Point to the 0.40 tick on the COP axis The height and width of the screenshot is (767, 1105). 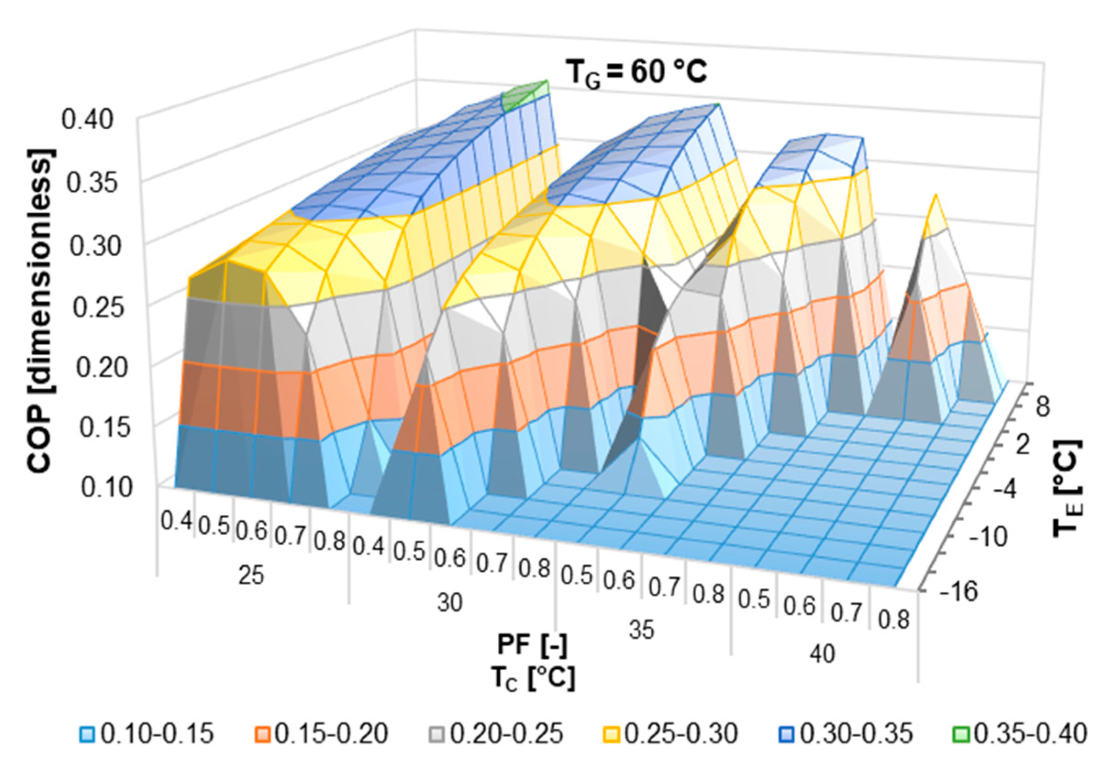click(87, 119)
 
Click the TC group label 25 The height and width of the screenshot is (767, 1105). click(251, 575)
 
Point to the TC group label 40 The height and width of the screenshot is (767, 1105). click(822, 654)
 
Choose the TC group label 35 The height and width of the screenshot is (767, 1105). click(642, 629)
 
